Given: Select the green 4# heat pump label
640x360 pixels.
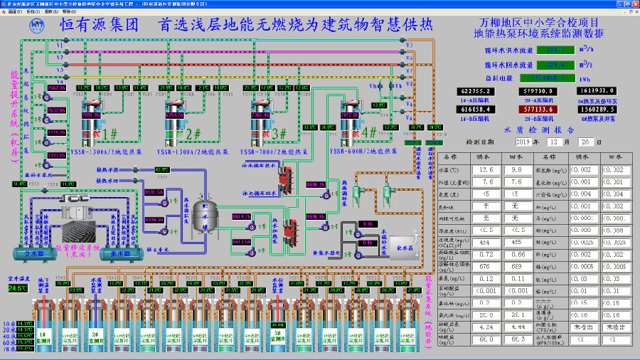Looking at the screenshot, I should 369,132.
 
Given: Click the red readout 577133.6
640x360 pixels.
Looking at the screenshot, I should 539,110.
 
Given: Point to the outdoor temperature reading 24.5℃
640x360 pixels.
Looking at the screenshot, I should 17,287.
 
